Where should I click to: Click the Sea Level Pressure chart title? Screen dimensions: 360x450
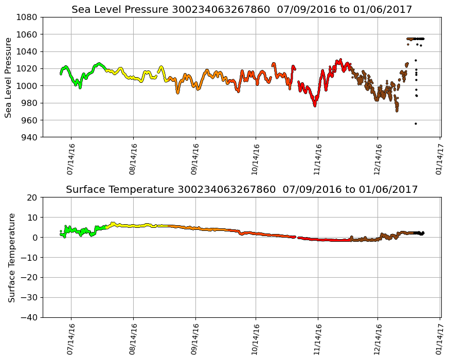(x=241, y=9)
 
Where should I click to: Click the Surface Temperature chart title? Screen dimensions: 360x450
(x=241, y=189)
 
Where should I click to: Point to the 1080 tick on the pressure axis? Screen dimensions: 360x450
(x=29, y=17)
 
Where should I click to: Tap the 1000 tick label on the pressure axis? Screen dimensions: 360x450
(x=29, y=86)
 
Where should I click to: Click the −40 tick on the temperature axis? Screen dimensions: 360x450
(x=30, y=318)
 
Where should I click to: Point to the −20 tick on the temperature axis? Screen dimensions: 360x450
(x=30, y=278)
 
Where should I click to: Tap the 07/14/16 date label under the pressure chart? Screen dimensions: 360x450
(x=71, y=159)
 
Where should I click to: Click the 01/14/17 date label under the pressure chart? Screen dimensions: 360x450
(x=440, y=159)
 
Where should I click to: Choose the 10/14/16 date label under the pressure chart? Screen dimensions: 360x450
(x=256, y=159)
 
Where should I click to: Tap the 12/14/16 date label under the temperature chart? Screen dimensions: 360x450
(x=378, y=339)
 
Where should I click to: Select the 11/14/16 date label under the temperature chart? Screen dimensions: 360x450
(x=317, y=339)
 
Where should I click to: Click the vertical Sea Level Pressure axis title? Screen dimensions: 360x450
(x=9, y=77)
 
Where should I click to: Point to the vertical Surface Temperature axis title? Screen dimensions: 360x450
(x=11, y=257)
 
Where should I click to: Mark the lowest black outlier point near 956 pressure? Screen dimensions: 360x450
(x=416, y=123)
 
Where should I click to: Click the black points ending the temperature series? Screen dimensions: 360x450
(x=421, y=233)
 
